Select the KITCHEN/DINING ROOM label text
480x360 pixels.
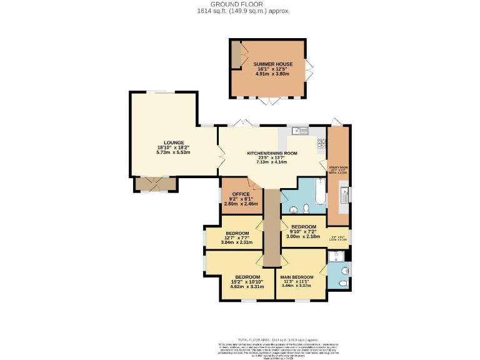[x=272, y=153]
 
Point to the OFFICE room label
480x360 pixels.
[x=241, y=194]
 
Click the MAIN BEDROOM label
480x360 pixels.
[x=297, y=277]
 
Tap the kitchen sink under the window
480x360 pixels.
[x=301, y=131]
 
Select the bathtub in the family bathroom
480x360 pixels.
[x=319, y=194]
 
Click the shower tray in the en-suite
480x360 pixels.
[x=338, y=256]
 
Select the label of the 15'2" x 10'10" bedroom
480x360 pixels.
[x=247, y=277]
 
